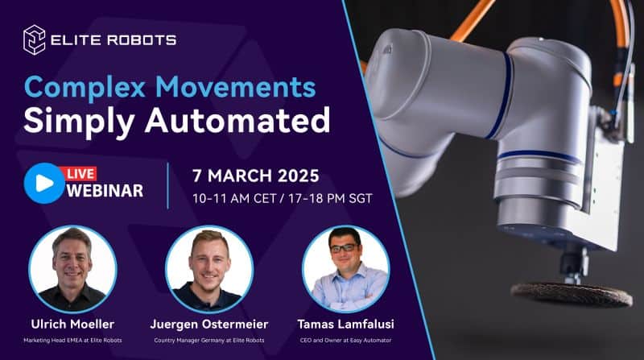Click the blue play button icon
[x=44, y=182]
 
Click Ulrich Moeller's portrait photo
[x=72, y=269]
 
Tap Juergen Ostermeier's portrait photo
[x=209, y=269]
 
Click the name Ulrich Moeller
[x=72, y=325]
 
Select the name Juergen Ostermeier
[x=209, y=325]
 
